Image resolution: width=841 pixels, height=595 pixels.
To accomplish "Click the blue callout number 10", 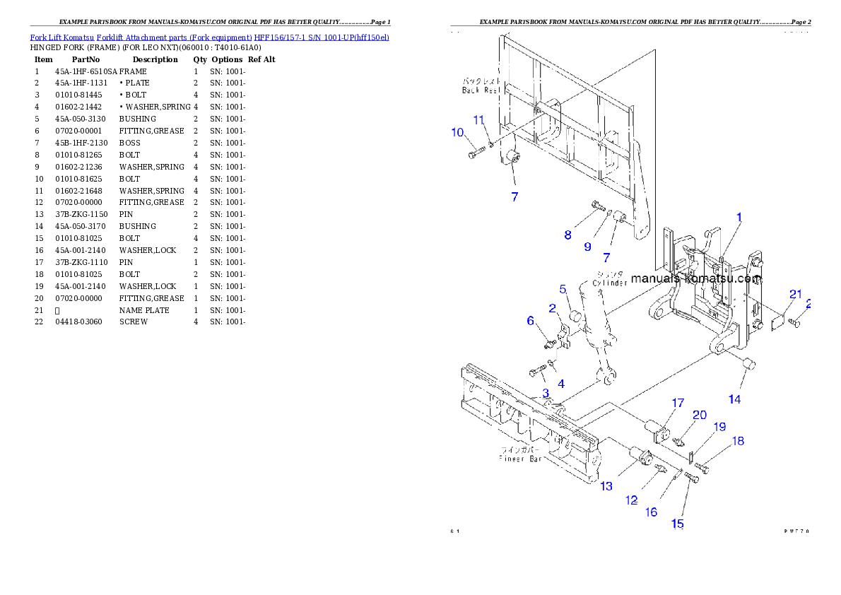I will (x=457, y=132).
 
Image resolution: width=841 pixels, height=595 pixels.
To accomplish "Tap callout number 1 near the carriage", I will (x=739, y=217).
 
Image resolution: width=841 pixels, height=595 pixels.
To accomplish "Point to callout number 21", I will (x=796, y=294).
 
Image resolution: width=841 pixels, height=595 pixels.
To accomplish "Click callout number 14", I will (x=735, y=399).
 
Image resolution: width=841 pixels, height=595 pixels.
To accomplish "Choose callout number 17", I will (x=678, y=403).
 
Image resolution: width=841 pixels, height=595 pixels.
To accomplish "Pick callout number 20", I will (x=699, y=415).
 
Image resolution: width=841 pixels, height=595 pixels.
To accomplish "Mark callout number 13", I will (x=606, y=486).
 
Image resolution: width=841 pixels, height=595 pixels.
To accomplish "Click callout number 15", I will (x=677, y=524).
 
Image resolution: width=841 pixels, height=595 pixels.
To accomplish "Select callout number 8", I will (x=567, y=235).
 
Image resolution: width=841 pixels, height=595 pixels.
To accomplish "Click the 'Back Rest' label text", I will (x=481, y=90).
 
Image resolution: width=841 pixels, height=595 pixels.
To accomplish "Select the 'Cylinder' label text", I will (x=610, y=283).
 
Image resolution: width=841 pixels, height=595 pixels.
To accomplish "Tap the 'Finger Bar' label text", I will (x=519, y=459).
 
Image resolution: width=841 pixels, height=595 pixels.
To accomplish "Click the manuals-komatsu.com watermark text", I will (x=696, y=278).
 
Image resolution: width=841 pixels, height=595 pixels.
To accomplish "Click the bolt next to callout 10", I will (x=476, y=151).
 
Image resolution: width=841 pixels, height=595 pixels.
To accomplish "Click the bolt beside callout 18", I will (x=702, y=468).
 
